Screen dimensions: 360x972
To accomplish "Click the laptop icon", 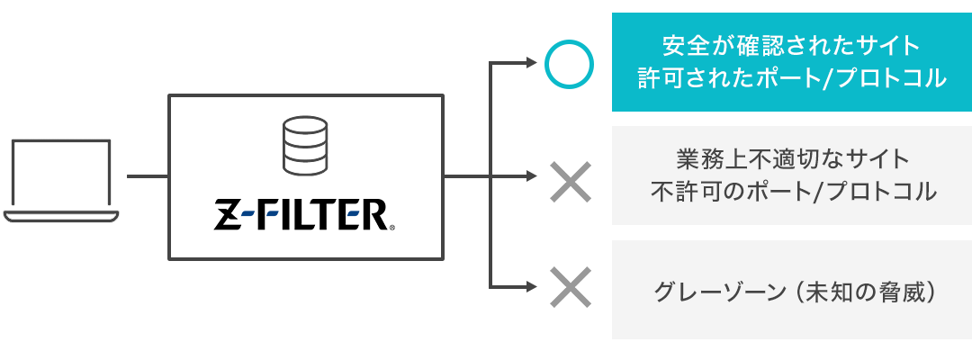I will (61, 180).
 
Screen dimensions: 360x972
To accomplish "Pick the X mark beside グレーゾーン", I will (569, 288).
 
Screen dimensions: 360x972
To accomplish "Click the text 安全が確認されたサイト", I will (792, 44).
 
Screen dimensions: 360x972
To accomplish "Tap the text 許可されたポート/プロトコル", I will (792, 78).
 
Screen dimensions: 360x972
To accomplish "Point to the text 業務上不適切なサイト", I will (792, 159).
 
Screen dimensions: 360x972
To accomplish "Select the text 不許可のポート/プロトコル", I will (792, 192).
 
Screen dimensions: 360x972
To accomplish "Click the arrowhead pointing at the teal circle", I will (529, 64).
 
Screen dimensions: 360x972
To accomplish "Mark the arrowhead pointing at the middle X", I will (529, 177).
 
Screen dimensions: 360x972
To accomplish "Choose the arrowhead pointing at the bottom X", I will (529, 288).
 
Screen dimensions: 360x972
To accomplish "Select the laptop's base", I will (61, 217).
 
